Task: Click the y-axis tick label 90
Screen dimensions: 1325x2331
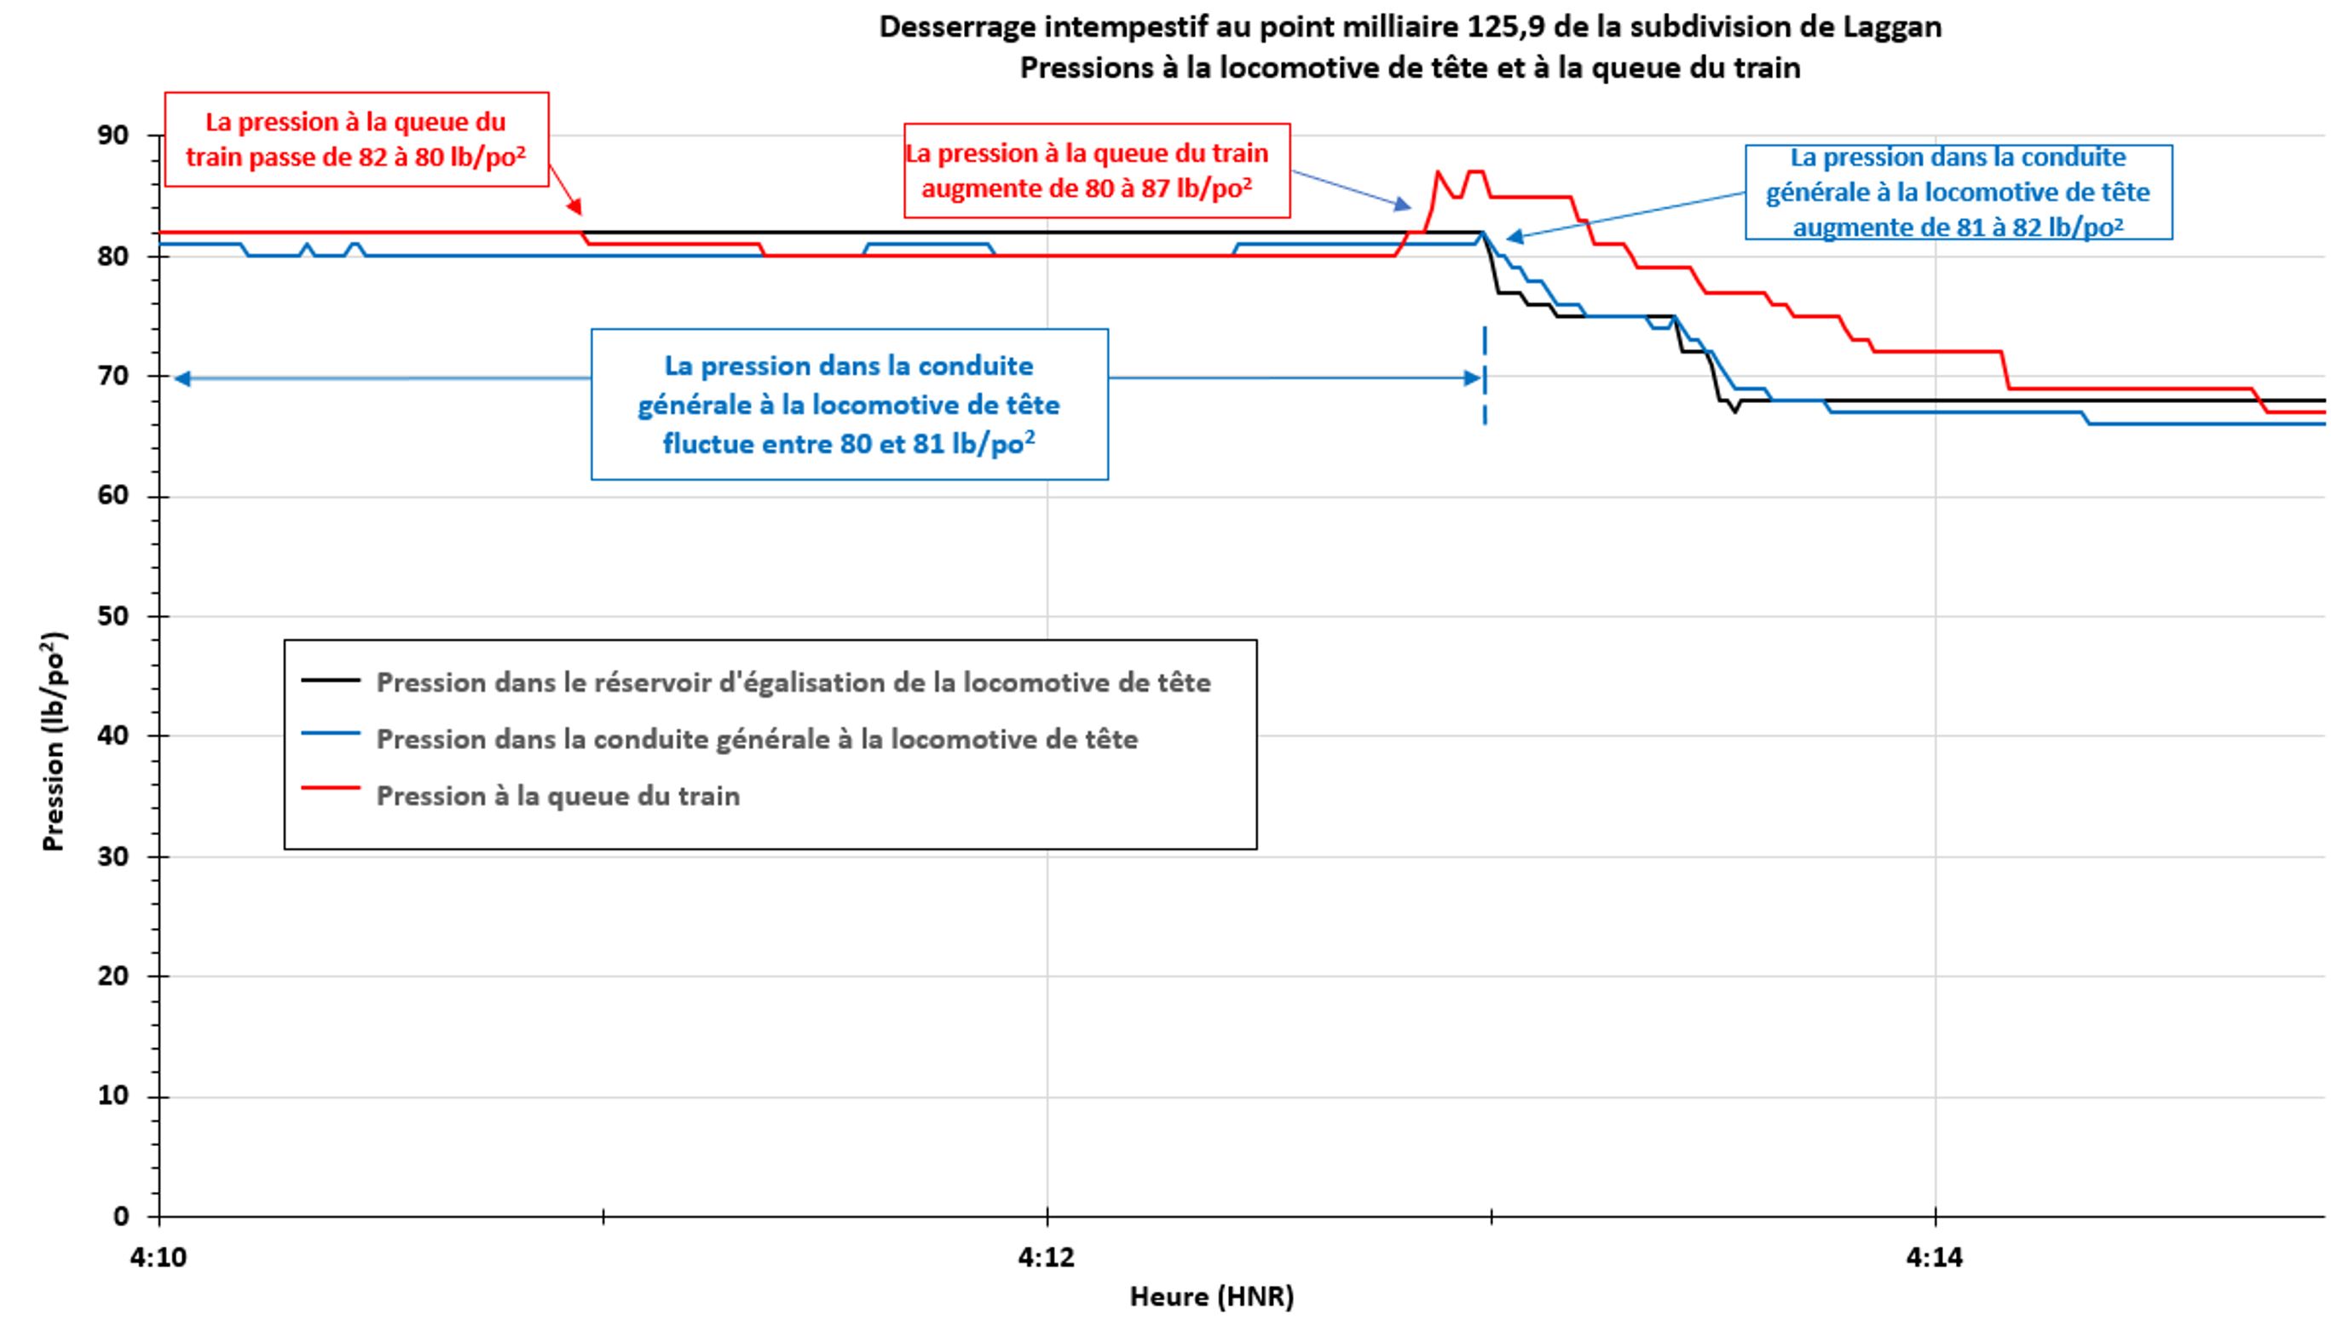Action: [113, 135]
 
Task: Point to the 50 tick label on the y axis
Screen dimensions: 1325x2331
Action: [113, 616]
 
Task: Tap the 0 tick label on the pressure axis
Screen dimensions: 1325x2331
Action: [121, 1217]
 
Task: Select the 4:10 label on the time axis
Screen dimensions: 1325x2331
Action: [159, 1258]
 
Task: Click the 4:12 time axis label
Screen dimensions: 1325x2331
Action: [1046, 1258]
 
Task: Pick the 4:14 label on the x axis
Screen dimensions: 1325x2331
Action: [1934, 1258]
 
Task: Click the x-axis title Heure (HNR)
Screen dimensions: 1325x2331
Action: [1211, 1296]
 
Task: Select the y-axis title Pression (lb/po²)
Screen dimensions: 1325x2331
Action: [53, 741]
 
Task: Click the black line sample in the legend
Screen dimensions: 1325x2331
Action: [331, 680]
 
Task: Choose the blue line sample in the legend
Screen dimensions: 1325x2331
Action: [331, 735]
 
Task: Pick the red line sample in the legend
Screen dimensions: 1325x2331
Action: [331, 788]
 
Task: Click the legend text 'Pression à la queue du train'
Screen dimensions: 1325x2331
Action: [558, 796]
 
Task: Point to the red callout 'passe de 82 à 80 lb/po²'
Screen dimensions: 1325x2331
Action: [356, 139]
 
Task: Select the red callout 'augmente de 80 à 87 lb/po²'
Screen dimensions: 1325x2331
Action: [1096, 171]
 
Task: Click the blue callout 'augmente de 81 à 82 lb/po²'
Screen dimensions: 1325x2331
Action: [1958, 192]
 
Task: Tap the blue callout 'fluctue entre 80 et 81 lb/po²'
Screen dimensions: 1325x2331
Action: [849, 404]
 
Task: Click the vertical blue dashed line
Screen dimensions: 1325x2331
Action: [1485, 375]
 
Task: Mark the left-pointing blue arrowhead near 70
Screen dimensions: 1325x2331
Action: [182, 378]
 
